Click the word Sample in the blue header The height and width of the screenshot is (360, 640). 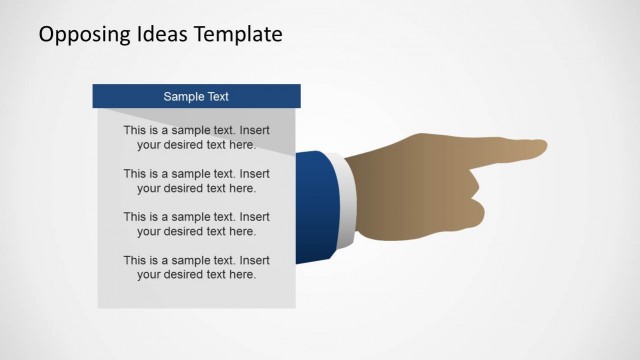(x=183, y=97)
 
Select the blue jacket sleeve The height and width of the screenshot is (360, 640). (x=314, y=206)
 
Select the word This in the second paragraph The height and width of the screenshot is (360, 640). (x=136, y=173)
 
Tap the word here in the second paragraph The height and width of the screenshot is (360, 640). (x=243, y=188)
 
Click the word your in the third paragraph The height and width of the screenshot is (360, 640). (x=150, y=231)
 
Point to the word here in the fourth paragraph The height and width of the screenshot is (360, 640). (x=243, y=274)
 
